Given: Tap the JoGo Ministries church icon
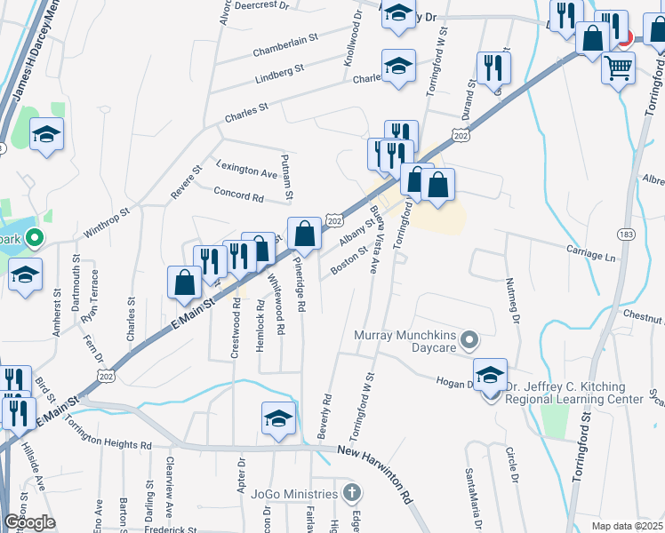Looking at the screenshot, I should point(352,493).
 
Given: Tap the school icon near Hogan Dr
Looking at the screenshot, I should point(489,374).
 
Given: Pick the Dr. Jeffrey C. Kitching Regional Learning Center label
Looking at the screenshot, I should point(573,394).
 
